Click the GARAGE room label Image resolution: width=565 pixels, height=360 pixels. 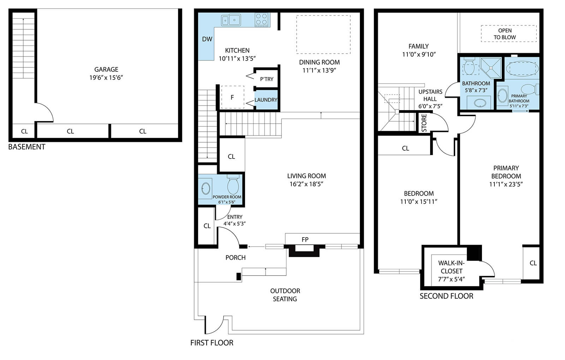[x=106, y=69]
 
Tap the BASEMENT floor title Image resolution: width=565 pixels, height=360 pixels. [x=27, y=147]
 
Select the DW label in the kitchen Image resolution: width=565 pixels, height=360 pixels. [x=207, y=39]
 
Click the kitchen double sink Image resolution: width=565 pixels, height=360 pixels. [x=231, y=20]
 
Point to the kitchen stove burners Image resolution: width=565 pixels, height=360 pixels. [x=261, y=19]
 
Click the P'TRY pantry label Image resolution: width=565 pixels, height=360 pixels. [x=267, y=79]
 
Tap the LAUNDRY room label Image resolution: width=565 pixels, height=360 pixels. [x=266, y=100]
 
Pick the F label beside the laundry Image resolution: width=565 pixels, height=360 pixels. [x=232, y=97]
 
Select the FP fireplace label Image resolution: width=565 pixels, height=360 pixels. [x=305, y=240]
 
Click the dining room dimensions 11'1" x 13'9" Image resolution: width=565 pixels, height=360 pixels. [x=319, y=70]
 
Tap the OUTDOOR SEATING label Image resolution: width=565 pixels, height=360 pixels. [x=285, y=295]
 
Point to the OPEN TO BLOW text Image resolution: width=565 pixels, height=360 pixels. [x=505, y=34]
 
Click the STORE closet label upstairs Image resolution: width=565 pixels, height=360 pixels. [x=424, y=123]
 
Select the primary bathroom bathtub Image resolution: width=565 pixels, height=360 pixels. [x=522, y=68]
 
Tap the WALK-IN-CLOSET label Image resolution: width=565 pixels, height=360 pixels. [x=451, y=271]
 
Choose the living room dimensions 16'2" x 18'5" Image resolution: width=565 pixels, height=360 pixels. [x=306, y=184]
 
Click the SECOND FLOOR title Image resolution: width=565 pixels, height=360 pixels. [x=446, y=296]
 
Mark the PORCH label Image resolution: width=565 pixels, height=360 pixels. [x=235, y=258]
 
